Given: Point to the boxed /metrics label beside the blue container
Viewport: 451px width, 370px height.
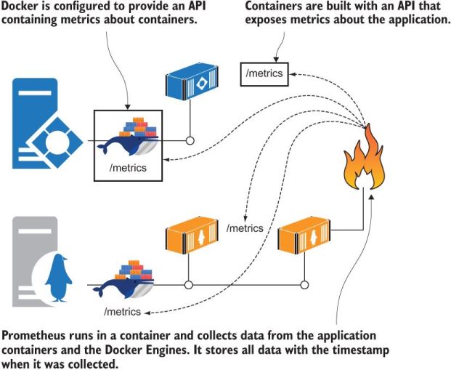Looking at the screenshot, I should [x=266, y=73].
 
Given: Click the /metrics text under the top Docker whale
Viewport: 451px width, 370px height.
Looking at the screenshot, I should [x=127, y=168].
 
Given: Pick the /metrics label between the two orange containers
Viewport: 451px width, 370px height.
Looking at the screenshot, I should [x=245, y=228].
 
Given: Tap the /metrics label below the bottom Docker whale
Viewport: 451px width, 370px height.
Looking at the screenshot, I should [x=122, y=312].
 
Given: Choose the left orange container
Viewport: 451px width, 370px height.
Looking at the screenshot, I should [x=188, y=232].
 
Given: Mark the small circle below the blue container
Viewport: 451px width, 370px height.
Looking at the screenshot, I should [x=190, y=140].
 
